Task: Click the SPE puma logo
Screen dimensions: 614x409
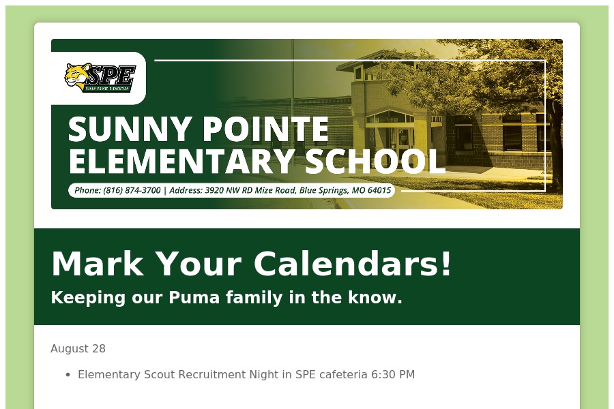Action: pyautogui.click(x=100, y=78)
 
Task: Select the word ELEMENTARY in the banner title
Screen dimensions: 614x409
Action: pyautogui.click(x=181, y=161)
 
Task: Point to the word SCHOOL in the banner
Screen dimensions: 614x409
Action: pyautogui.click(x=375, y=161)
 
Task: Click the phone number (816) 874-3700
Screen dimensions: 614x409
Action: pyautogui.click(x=132, y=191)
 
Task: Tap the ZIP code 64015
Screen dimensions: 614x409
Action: pyautogui.click(x=379, y=191)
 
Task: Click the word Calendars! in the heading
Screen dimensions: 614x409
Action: pyautogui.click(x=353, y=264)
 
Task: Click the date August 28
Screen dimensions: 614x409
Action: pyautogui.click(x=78, y=349)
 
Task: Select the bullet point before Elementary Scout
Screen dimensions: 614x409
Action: pyautogui.click(x=68, y=375)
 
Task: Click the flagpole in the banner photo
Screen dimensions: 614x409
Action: pyautogui.click(x=293, y=106)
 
